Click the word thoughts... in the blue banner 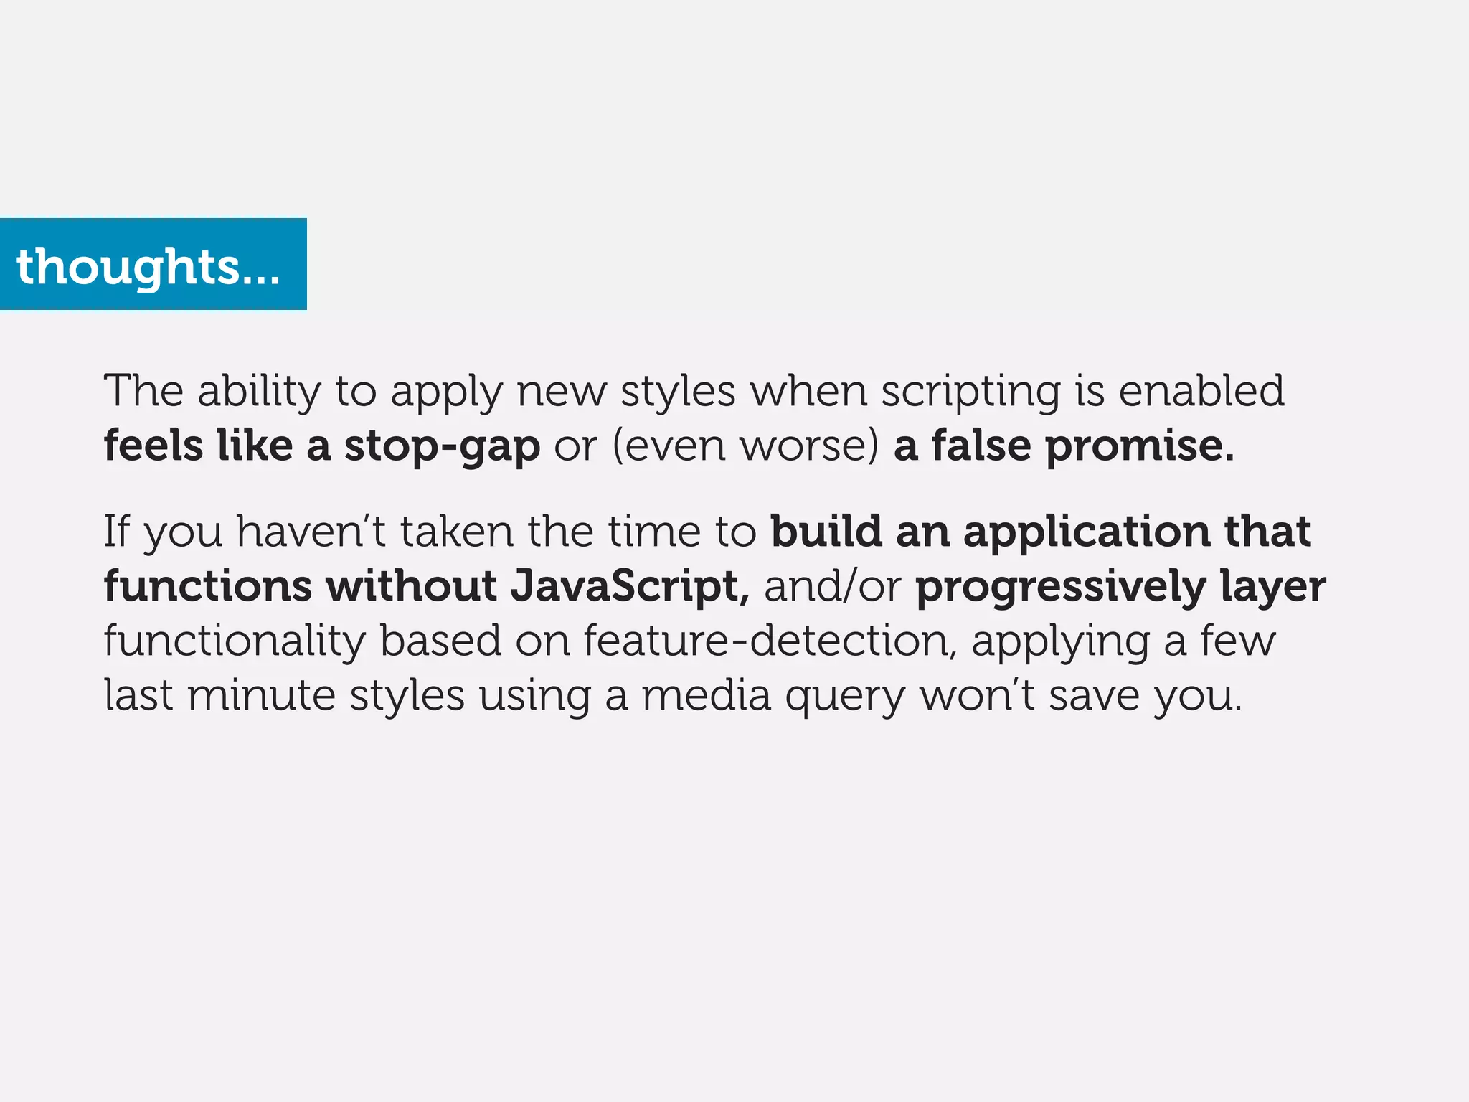(x=148, y=267)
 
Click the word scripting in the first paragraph (x=970, y=392)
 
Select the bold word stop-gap (x=442, y=446)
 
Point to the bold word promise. (x=1139, y=446)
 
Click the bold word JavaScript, (x=630, y=586)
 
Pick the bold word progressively (x=1061, y=588)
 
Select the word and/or (x=832, y=586)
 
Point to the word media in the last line (x=706, y=695)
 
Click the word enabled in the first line (x=1201, y=391)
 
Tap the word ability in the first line (x=259, y=392)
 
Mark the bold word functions (x=208, y=586)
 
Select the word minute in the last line (x=261, y=695)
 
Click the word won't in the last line (x=977, y=695)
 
